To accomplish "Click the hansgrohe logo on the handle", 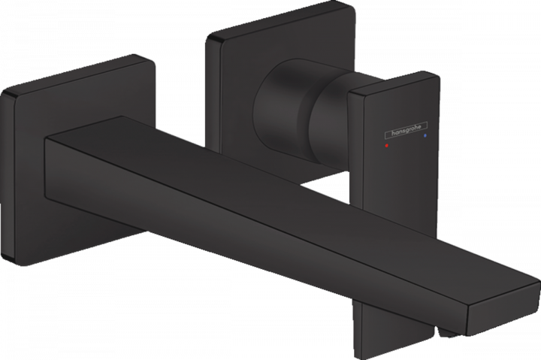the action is [x=406, y=130].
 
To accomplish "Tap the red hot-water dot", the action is [x=387, y=146].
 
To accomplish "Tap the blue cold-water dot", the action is [x=425, y=136].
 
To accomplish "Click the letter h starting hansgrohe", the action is [x=393, y=133].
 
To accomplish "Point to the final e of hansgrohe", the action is [x=419, y=127].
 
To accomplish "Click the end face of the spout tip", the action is [x=503, y=310].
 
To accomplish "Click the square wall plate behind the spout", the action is [x=69, y=159].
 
